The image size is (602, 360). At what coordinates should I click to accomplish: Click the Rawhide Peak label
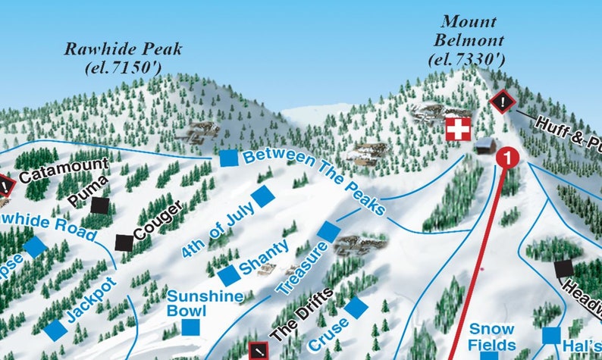124,50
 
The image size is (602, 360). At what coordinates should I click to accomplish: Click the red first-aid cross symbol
457,130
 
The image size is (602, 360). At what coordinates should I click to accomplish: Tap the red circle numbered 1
508,158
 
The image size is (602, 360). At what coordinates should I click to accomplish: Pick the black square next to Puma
100,205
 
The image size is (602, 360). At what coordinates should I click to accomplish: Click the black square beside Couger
124,243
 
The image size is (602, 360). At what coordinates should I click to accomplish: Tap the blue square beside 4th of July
263,196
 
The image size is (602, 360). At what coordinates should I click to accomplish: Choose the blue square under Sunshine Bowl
191,327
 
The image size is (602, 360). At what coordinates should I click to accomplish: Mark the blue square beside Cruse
356,308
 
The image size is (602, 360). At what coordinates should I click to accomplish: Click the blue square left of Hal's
551,335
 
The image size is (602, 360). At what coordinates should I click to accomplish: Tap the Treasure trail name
301,269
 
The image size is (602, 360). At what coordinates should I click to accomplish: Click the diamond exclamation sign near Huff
503,102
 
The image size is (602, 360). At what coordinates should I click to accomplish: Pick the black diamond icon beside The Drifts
259,351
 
